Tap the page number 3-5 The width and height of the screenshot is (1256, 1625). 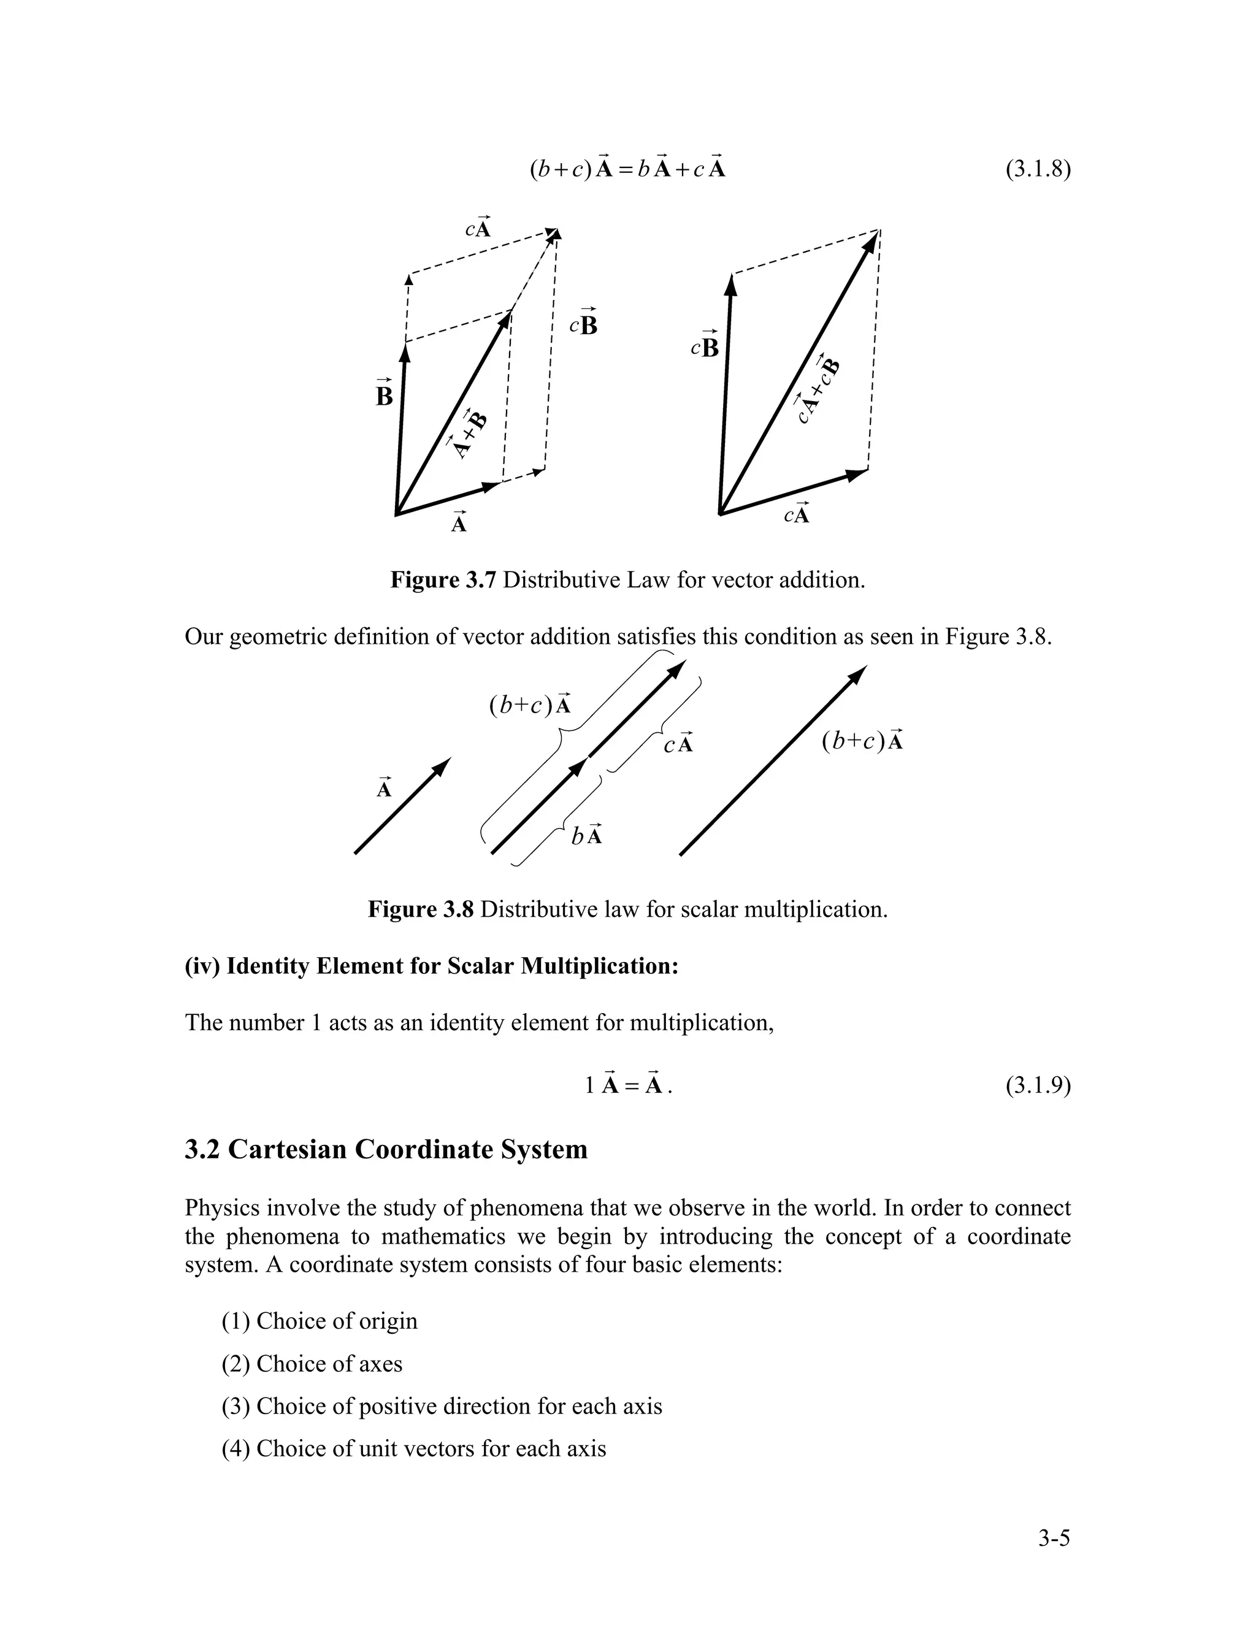[x=1054, y=1538]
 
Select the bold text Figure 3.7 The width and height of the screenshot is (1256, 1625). [x=443, y=579]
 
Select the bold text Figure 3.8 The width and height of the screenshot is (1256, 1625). [x=420, y=909]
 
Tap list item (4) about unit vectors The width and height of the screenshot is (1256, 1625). [x=414, y=1448]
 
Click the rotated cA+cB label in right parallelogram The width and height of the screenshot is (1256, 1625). [x=816, y=390]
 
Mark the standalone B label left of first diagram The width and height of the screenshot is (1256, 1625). [x=384, y=394]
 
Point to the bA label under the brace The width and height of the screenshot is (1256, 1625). [x=586, y=835]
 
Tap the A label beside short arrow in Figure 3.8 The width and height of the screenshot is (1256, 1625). [x=384, y=787]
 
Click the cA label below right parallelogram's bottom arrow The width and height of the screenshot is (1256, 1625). [x=796, y=514]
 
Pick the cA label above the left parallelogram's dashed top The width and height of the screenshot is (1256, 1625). [x=478, y=227]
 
